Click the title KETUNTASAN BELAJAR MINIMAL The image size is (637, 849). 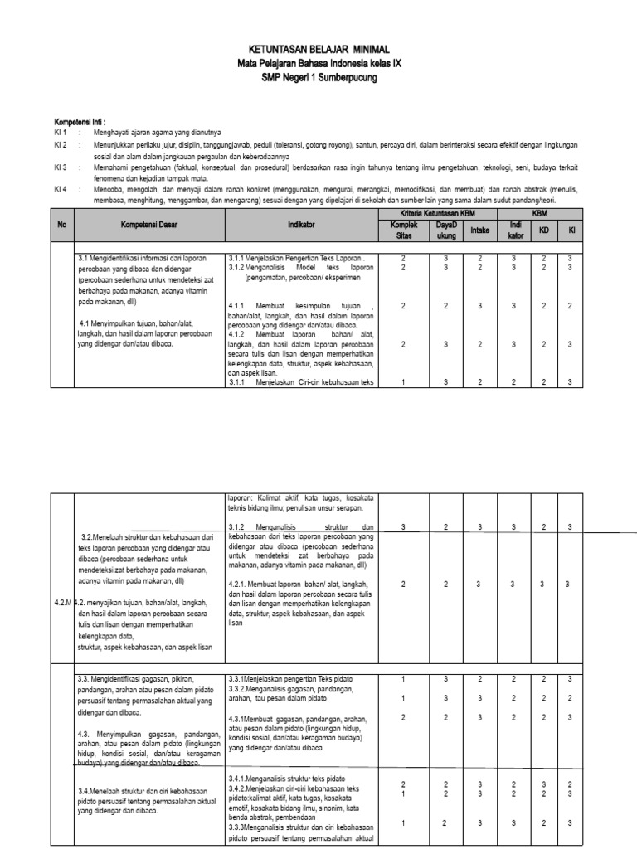[x=318, y=50]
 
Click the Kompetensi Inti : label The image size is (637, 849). [x=80, y=121]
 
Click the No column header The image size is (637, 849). [x=61, y=224]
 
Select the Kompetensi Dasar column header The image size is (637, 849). [x=149, y=224]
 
